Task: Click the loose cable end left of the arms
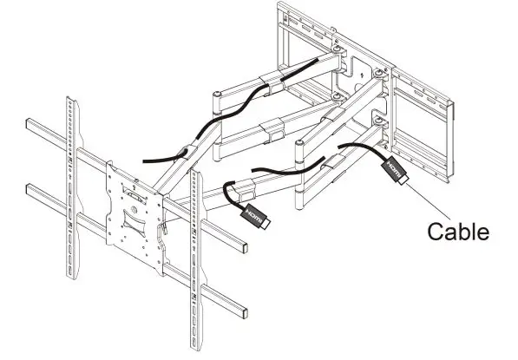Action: [146, 160]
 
